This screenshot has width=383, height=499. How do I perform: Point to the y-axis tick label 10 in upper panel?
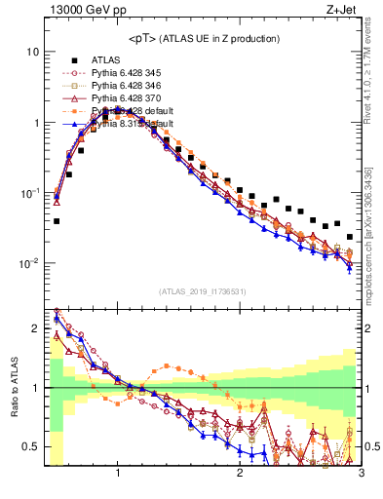tap(33, 52)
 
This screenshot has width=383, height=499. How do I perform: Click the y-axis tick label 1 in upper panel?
tap(36, 123)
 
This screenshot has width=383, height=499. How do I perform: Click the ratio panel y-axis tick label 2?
tap(37, 328)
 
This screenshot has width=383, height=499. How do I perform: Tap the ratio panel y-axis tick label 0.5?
tap(33, 446)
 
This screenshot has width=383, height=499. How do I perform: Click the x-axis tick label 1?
tap(118, 474)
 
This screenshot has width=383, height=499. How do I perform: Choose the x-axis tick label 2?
tap(240, 474)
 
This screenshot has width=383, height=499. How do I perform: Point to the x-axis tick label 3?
tap(360, 474)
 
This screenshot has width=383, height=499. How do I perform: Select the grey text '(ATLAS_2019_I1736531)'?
tap(202, 290)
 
